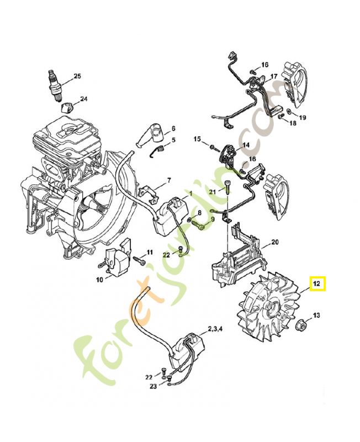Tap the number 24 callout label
click(x=83, y=99)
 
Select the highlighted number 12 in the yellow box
click(x=317, y=284)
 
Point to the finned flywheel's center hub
click(x=271, y=311)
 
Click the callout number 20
click(x=275, y=242)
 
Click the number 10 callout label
click(x=99, y=280)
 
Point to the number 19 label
click(x=303, y=118)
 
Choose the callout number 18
click(x=293, y=123)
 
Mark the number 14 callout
click(x=246, y=145)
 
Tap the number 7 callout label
click(x=169, y=180)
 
